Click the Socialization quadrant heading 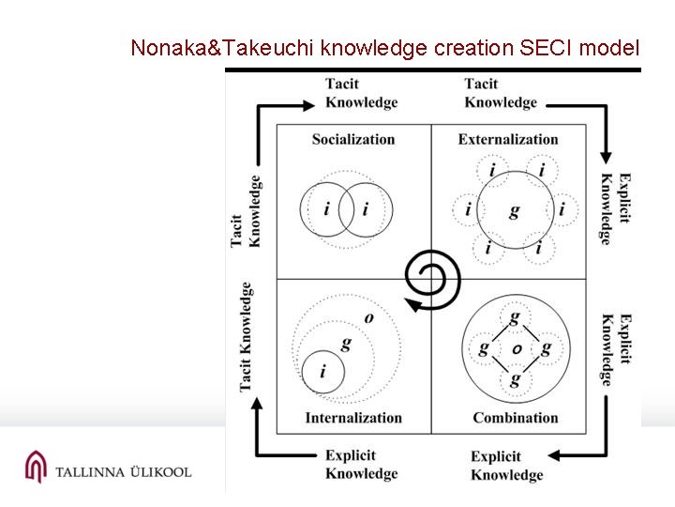point(353,140)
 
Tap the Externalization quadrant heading point(508,140)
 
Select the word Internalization point(353,418)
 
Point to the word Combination point(515,418)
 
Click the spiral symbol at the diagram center point(430,279)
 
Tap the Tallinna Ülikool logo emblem point(35,467)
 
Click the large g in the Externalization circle point(514,211)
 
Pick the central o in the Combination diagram point(516,349)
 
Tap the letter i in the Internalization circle point(322,373)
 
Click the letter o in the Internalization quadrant point(368,318)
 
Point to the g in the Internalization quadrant point(346,344)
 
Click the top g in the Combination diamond point(515,318)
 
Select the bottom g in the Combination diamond point(515,379)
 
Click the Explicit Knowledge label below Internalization point(361,465)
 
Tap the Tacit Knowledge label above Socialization point(361,93)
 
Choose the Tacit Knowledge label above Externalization point(501,93)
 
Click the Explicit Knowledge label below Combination point(506,466)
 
